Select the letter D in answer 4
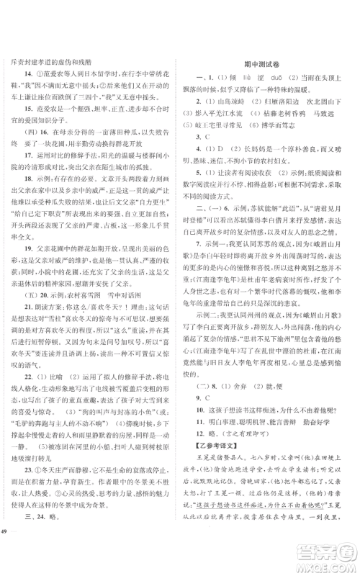(210, 166)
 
